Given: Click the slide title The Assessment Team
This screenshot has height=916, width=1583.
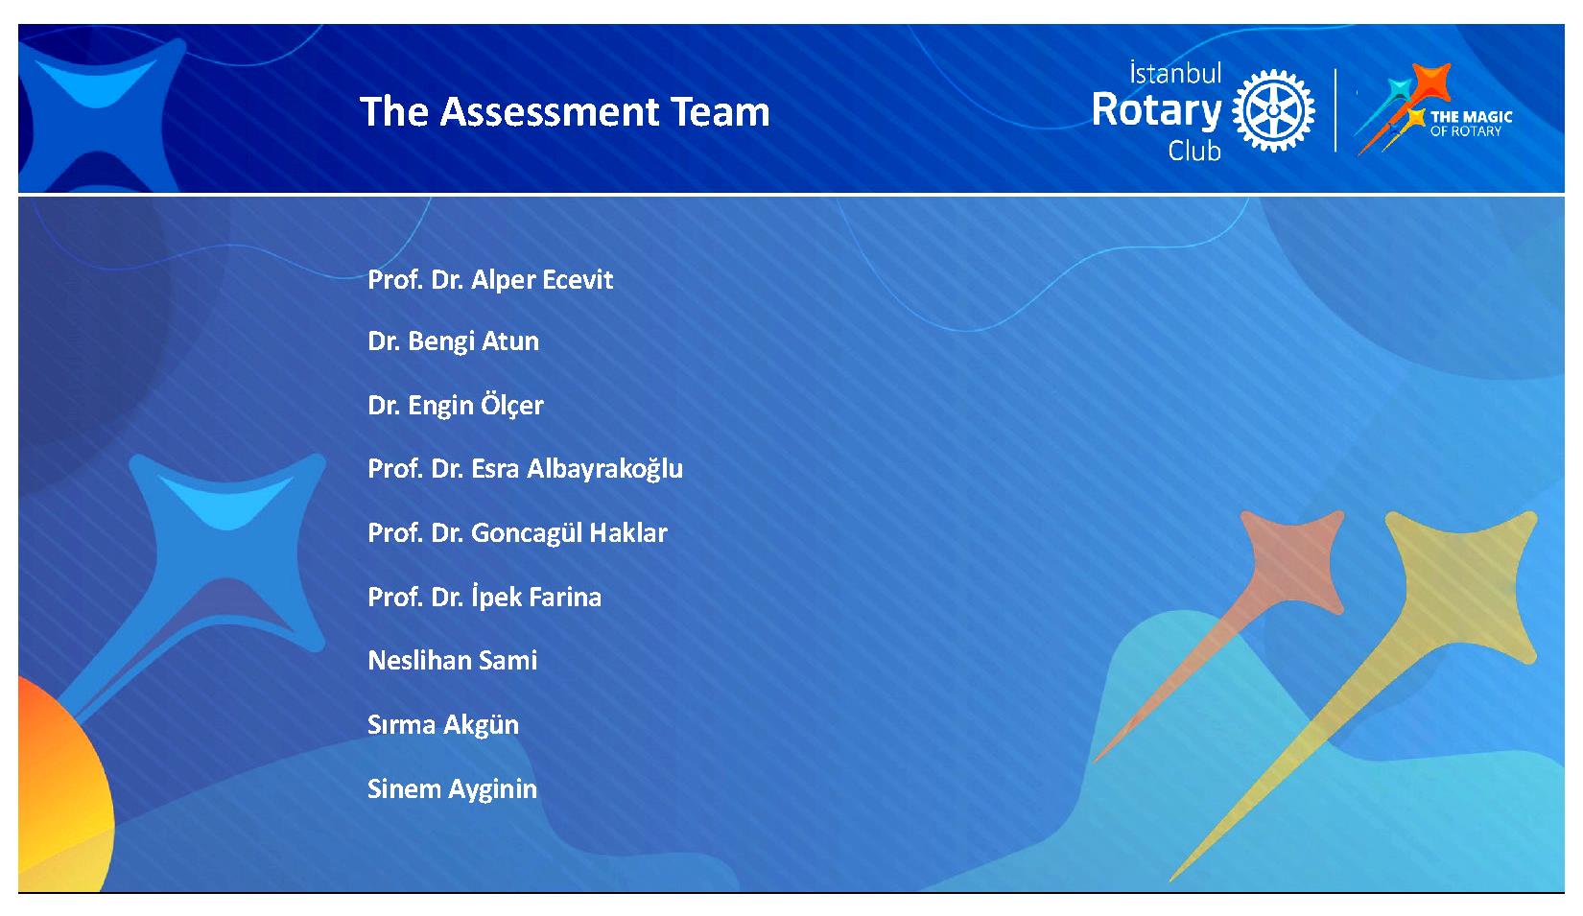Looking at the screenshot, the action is [x=565, y=111].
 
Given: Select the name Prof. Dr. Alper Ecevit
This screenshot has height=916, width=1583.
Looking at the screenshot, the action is [x=490, y=280].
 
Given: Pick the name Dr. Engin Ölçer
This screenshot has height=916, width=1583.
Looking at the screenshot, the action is [x=456, y=404].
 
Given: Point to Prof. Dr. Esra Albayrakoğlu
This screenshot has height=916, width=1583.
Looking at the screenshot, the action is [x=525, y=469].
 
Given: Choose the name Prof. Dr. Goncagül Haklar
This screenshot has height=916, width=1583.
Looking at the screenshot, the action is [x=517, y=533].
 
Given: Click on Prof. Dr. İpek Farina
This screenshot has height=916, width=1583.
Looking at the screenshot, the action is [x=484, y=596].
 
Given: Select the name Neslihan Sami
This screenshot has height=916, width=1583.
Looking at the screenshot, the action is [x=452, y=660].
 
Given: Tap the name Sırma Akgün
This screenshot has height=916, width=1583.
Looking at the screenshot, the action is [x=443, y=725].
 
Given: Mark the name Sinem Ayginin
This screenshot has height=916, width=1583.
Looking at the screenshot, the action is [x=452, y=789].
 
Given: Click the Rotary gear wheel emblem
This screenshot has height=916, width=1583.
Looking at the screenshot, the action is [x=1273, y=111].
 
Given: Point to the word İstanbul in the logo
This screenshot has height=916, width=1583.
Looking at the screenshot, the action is [x=1175, y=73].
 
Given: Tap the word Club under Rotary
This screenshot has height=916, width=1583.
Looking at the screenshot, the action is [x=1194, y=151].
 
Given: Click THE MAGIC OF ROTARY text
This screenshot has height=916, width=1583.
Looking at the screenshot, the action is [x=1472, y=124].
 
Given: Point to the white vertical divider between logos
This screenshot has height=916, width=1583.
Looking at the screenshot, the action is [x=1335, y=110].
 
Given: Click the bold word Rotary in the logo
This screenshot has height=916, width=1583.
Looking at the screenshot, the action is [x=1157, y=111].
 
